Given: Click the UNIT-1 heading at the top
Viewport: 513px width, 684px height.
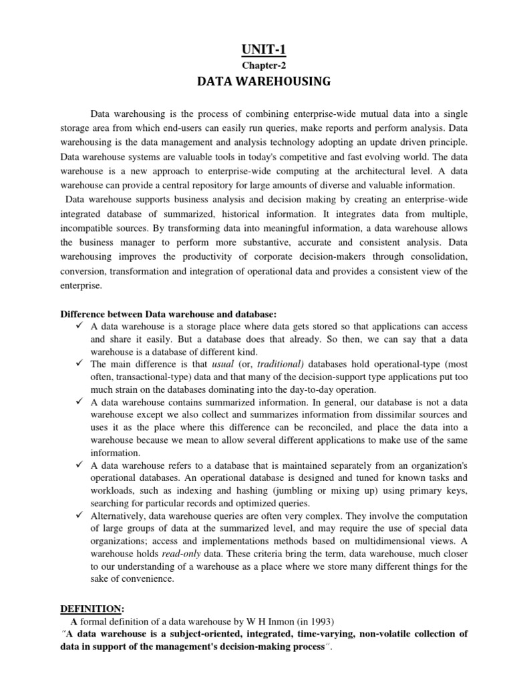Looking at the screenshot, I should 256,48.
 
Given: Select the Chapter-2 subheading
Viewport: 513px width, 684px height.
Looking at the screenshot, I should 256,65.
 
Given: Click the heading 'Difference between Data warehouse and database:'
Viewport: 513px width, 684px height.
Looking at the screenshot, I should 168,314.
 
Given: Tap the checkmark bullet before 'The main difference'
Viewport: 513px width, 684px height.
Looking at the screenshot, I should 77,364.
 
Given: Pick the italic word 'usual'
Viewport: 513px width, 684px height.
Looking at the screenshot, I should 223,364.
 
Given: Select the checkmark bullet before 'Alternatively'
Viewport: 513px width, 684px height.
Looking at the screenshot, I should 77,515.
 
